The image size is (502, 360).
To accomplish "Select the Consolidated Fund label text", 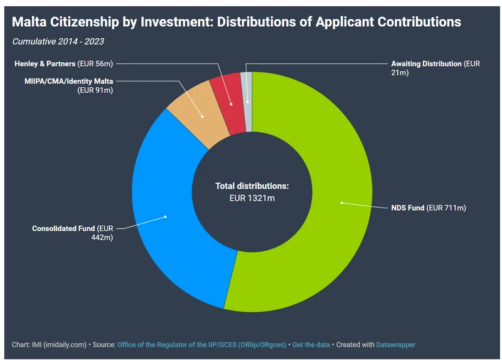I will pos(73,233).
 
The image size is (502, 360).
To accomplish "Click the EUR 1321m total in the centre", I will pos(252,199).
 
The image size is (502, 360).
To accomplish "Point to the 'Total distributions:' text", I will pos(252,186).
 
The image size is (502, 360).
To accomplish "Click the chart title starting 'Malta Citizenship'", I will pos(237,22).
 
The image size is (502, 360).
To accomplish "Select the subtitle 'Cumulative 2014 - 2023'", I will pos(58,42).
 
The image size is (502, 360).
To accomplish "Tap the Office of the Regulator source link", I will pos(201,344).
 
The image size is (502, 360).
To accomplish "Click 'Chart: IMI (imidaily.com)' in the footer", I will pos(49,344).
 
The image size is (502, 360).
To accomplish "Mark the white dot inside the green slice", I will pos(342,203).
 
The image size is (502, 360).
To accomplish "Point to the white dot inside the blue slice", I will pos(166,217).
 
